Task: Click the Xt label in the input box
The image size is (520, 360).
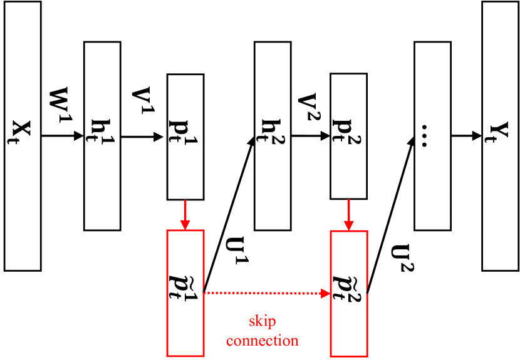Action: pyautogui.click(x=23, y=133)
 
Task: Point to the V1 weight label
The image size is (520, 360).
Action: pyautogui.click(x=142, y=100)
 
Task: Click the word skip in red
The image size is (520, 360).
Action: pyautogui.click(x=263, y=322)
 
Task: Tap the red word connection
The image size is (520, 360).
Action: pyautogui.click(x=263, y=341)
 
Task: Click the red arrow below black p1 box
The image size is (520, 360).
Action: pyautogui.click(x=185, y=215)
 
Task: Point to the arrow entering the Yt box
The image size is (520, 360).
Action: pyautogui.click(x=466, y=135)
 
